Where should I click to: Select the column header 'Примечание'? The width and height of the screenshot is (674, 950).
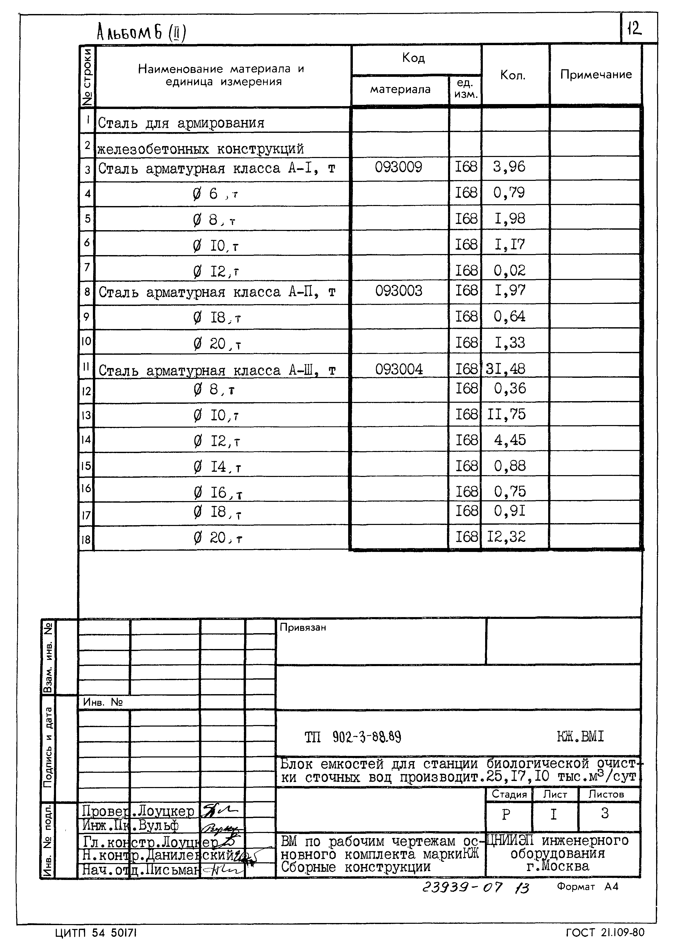[596, 75]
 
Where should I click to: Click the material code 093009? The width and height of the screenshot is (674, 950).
[398, 167]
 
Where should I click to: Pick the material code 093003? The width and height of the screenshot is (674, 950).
[398, 291]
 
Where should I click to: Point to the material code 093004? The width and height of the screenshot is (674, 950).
[399, 369]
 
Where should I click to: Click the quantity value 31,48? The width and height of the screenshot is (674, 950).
[505, 369]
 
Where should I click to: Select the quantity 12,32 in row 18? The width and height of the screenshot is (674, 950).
[506, 537]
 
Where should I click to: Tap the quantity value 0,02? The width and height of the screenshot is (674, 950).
[509, 271]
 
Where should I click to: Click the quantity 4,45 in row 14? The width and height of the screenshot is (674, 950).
[510, 440]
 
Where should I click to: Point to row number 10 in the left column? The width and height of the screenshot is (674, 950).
[86, 341]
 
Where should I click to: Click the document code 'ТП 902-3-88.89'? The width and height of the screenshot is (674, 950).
[353, 737]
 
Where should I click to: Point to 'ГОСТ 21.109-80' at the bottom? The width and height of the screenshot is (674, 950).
[605, 933]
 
